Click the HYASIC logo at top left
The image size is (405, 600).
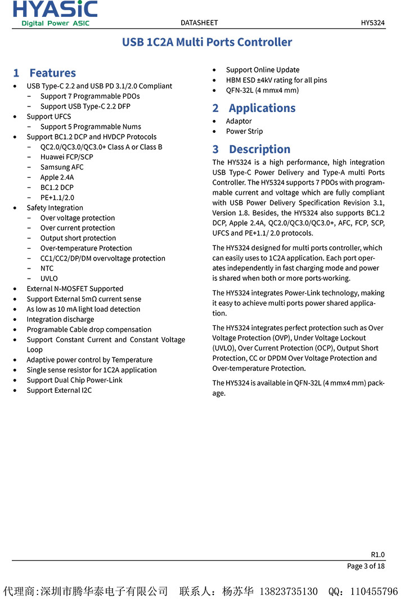pyautogui.click(x=55, y=13)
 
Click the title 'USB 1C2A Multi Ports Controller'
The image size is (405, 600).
pyautogui.click(x=207, y=42)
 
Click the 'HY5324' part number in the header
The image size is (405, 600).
pyautogui.click(x=372, y=23)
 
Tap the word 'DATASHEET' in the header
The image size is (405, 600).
pyautogui.click(x=199, y=23)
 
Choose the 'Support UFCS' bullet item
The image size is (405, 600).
pyautogui.click(x=49, y=117)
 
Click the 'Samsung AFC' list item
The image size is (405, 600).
pyautogui.click(x=62, y=167)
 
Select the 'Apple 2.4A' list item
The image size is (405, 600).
pyautogui.click(x=57, y=177)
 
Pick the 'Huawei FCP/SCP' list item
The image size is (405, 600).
pyautogui.click(x=66, y=157)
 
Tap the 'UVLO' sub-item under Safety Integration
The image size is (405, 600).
pyautogui.click(x=49, y=279)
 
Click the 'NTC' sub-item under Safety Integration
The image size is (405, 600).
pyautogui.click(x=47, y=268)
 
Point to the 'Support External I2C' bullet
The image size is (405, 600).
pyautogui.click(x=59, y=390)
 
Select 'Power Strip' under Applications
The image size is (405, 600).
pyautogui.click(x=244, y=131)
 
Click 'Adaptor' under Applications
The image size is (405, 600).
pyautogui.click(x=238, y=121)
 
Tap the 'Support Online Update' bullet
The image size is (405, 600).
pyautogui.click(x=263, y=70)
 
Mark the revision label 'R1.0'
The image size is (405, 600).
pyautogui.click(x=377, y=554)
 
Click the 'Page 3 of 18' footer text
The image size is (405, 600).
pyautogui.click(x=366, y=566)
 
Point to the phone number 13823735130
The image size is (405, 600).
pyautogui.click(x=288, y=592)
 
